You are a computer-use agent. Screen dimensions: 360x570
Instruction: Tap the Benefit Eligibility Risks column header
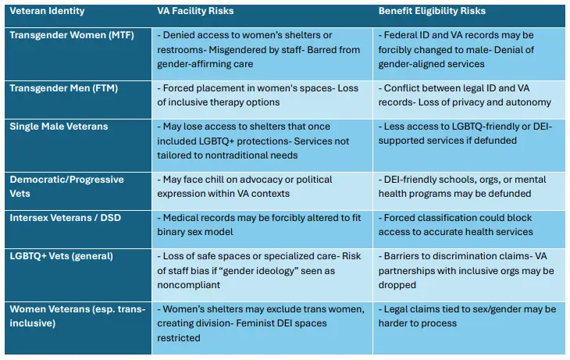431,12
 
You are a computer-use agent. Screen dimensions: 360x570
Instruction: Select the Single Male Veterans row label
59,126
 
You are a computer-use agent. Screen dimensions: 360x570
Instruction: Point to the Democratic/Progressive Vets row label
66,185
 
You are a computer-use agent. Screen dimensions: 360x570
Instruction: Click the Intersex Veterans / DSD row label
65,218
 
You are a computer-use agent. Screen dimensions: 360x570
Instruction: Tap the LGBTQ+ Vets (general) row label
61,256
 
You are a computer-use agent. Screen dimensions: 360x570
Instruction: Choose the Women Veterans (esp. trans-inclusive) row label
77,316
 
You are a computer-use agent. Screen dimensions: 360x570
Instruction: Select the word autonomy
533,102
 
